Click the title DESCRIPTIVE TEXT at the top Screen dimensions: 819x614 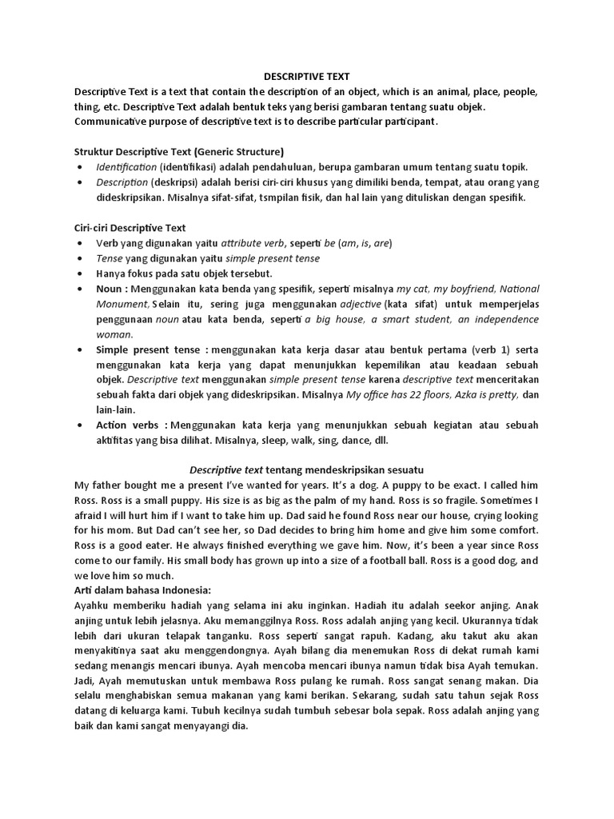(307, 78)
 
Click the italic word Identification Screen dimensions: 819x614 (126, 167)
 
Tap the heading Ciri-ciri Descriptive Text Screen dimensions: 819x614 (130, 227)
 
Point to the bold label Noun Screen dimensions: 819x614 (110, 289)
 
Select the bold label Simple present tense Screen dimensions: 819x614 (150, 350)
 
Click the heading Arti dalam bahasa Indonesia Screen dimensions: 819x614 (142, 589)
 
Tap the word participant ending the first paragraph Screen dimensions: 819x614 (407, 122)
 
